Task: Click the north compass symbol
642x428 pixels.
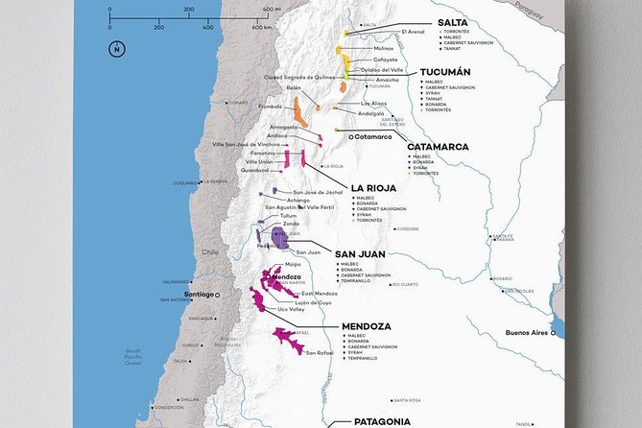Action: coord(115,49)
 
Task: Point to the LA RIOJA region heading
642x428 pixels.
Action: coord(376,188)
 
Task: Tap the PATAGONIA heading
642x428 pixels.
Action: coord(382,421)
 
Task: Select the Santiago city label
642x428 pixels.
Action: coord(198,294)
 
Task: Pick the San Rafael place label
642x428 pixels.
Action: coord(320,352)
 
